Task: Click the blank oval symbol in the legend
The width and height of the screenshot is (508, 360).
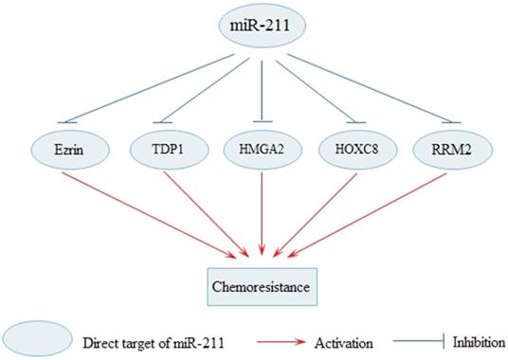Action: click(36, 338)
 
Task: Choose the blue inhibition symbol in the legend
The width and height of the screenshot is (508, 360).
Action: click(418, 339)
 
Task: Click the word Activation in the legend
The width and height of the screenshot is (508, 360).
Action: click(346, 339)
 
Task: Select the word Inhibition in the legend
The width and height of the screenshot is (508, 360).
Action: click(479, 339)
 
